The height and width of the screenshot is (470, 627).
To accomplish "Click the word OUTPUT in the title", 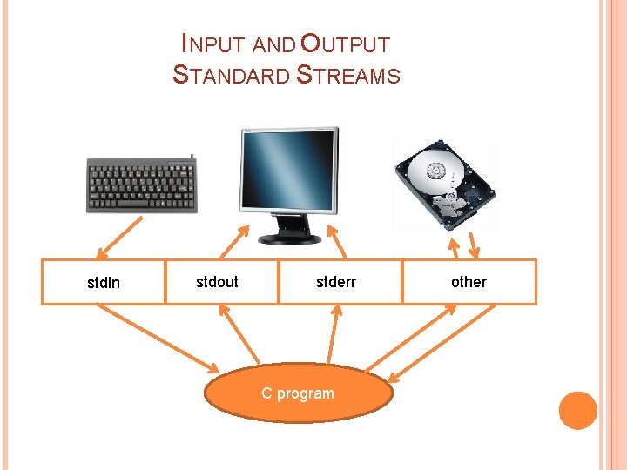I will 344,43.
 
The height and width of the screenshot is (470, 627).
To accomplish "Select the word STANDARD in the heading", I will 232,76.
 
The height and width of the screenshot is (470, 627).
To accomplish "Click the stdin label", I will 104,283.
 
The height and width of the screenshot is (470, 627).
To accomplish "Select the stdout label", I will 217,281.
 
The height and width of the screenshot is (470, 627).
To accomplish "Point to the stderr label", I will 335,281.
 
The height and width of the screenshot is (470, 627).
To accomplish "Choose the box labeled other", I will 469,281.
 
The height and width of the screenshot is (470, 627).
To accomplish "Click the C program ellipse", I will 298,393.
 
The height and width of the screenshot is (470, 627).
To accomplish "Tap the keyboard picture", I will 142,185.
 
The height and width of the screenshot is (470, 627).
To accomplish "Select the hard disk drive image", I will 444,183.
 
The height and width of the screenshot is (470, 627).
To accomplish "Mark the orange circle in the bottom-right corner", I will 577,410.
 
